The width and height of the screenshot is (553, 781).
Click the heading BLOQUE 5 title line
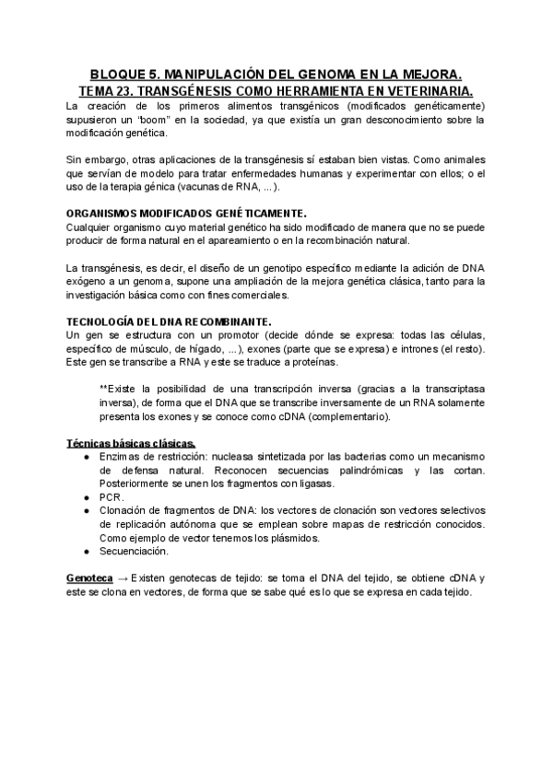click(x=276, y=73)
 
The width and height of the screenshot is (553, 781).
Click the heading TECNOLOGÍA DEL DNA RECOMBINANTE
click(x=170, y=320)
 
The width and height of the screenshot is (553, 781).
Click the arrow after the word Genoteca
click(x=123, y=577)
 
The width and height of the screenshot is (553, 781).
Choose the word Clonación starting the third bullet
click(x=122, y=510)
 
